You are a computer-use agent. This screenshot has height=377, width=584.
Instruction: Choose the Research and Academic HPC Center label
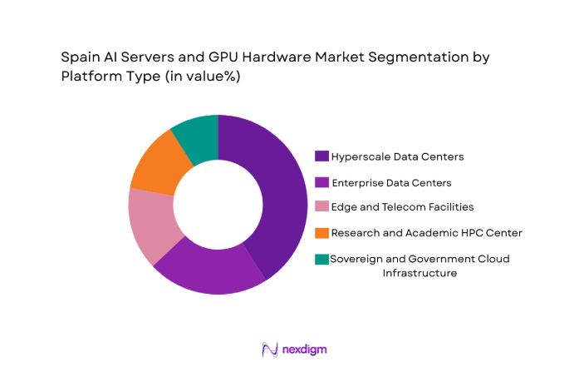(426, 233)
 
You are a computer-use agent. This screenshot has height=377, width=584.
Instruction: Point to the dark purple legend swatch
(321, 156)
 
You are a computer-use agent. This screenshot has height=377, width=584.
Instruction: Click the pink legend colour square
(321, 206)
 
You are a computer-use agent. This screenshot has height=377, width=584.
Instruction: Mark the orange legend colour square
(321, 233)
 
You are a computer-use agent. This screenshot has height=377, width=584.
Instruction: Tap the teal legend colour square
(321, 260)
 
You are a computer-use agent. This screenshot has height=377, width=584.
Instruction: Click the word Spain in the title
(79, 59)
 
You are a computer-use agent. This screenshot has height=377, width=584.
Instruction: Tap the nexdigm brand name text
(304, 350)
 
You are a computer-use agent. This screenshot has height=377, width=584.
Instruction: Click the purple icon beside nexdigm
(268, 350)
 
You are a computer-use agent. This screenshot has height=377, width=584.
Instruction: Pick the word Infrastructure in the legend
(419, 273)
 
